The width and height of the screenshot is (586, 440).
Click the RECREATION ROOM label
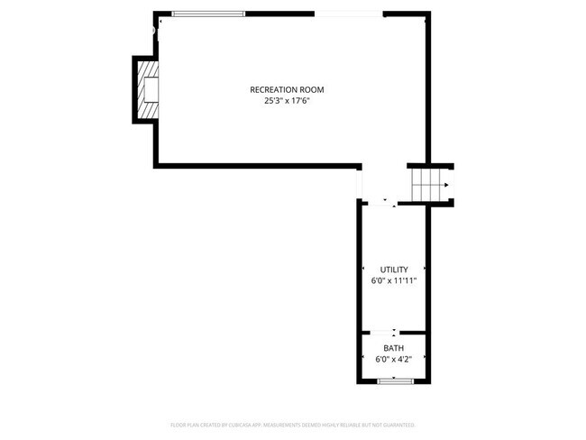pos(287,89)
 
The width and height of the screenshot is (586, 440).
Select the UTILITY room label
pos(394,270)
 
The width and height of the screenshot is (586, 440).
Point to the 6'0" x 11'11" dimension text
pos(394,281)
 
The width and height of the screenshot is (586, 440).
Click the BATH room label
pos(394,348)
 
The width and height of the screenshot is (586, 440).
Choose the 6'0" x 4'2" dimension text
pos(394,360)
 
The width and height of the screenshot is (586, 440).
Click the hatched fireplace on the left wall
pos(147,89)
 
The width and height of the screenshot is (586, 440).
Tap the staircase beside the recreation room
pos(429,184)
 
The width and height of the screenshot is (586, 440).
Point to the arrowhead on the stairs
pos(444,185)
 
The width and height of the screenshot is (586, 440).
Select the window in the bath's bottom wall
pos(394,382)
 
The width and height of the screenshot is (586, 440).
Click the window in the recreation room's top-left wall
pos(207,14)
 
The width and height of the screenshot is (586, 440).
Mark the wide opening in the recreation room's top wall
pos(348,14)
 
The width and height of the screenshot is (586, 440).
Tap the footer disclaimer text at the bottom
pos(293,424)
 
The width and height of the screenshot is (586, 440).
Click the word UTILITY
pos(394,270)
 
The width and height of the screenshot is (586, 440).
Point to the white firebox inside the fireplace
pos(151,89)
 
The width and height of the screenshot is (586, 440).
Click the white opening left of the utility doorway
pos(360,184)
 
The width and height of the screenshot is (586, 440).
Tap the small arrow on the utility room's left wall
pos(363,270)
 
